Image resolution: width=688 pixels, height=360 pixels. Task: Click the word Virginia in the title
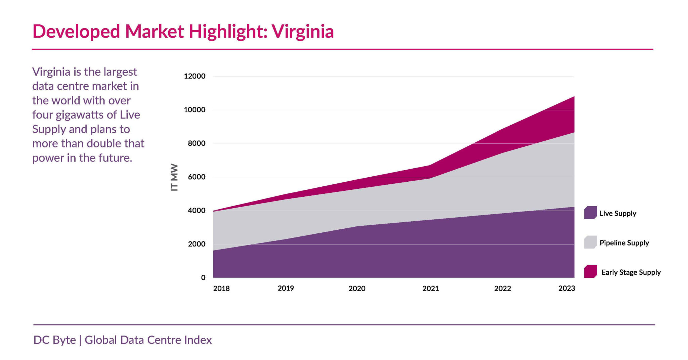click(302, 32)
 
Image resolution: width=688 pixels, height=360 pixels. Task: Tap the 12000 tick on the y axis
click(195, 76)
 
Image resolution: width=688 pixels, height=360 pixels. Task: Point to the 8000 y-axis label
click(197, 143)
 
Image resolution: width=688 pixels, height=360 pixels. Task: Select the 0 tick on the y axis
click(203, 278)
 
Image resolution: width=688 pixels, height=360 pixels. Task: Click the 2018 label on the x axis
click(221, 288)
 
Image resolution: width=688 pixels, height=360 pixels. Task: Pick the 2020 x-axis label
click(357, 288)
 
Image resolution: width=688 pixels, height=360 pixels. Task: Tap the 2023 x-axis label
click(567, 288)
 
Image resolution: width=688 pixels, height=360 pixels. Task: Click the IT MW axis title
click(174, 177)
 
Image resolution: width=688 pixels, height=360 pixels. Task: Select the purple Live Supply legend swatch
click(590, 213)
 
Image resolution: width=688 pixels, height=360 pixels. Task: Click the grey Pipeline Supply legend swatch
click(590, 242)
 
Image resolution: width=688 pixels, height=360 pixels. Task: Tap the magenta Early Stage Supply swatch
click(590, 271)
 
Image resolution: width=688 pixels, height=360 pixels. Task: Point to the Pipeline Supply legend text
click(624, 243)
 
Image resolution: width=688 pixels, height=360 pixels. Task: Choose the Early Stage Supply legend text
click(631, 272)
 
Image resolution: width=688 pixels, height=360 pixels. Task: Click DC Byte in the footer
click(55, 340)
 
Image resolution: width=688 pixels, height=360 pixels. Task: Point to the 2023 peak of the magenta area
click(573, 97)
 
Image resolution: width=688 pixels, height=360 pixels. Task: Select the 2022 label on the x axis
click(503, 288)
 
